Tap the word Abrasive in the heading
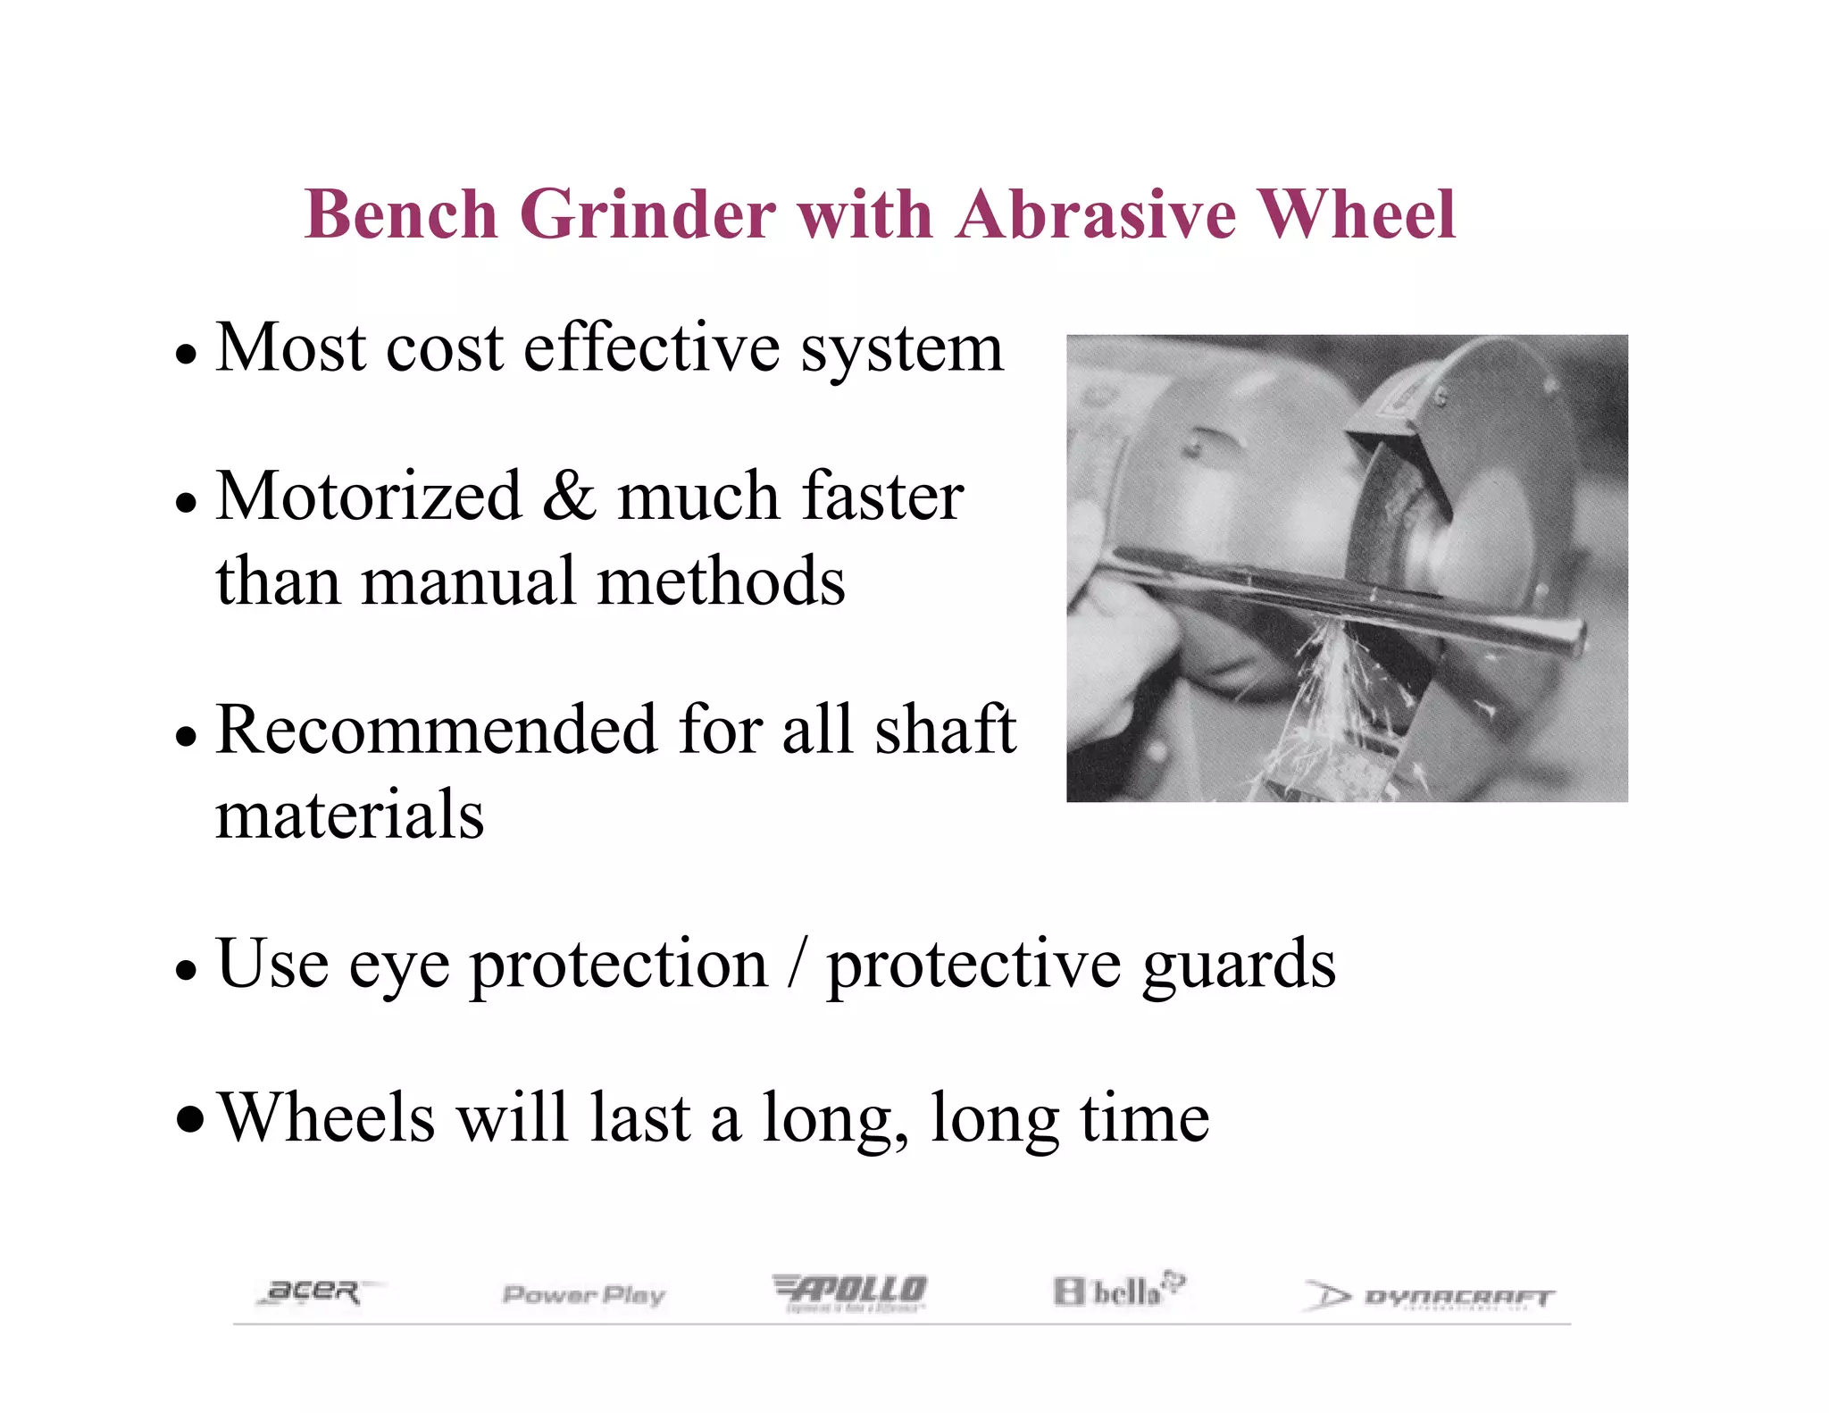coord(1096,215)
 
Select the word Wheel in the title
coord(1357,215)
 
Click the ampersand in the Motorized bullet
coord(569,496)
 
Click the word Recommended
coord(437,730)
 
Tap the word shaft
coord(945,730)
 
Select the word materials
coord(349,815)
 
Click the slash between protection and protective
coord(797,965)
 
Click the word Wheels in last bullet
coord(327,1118)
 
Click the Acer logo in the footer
coord(313,1292)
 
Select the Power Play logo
coord(584,1294)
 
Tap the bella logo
coord(1118,1291)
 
